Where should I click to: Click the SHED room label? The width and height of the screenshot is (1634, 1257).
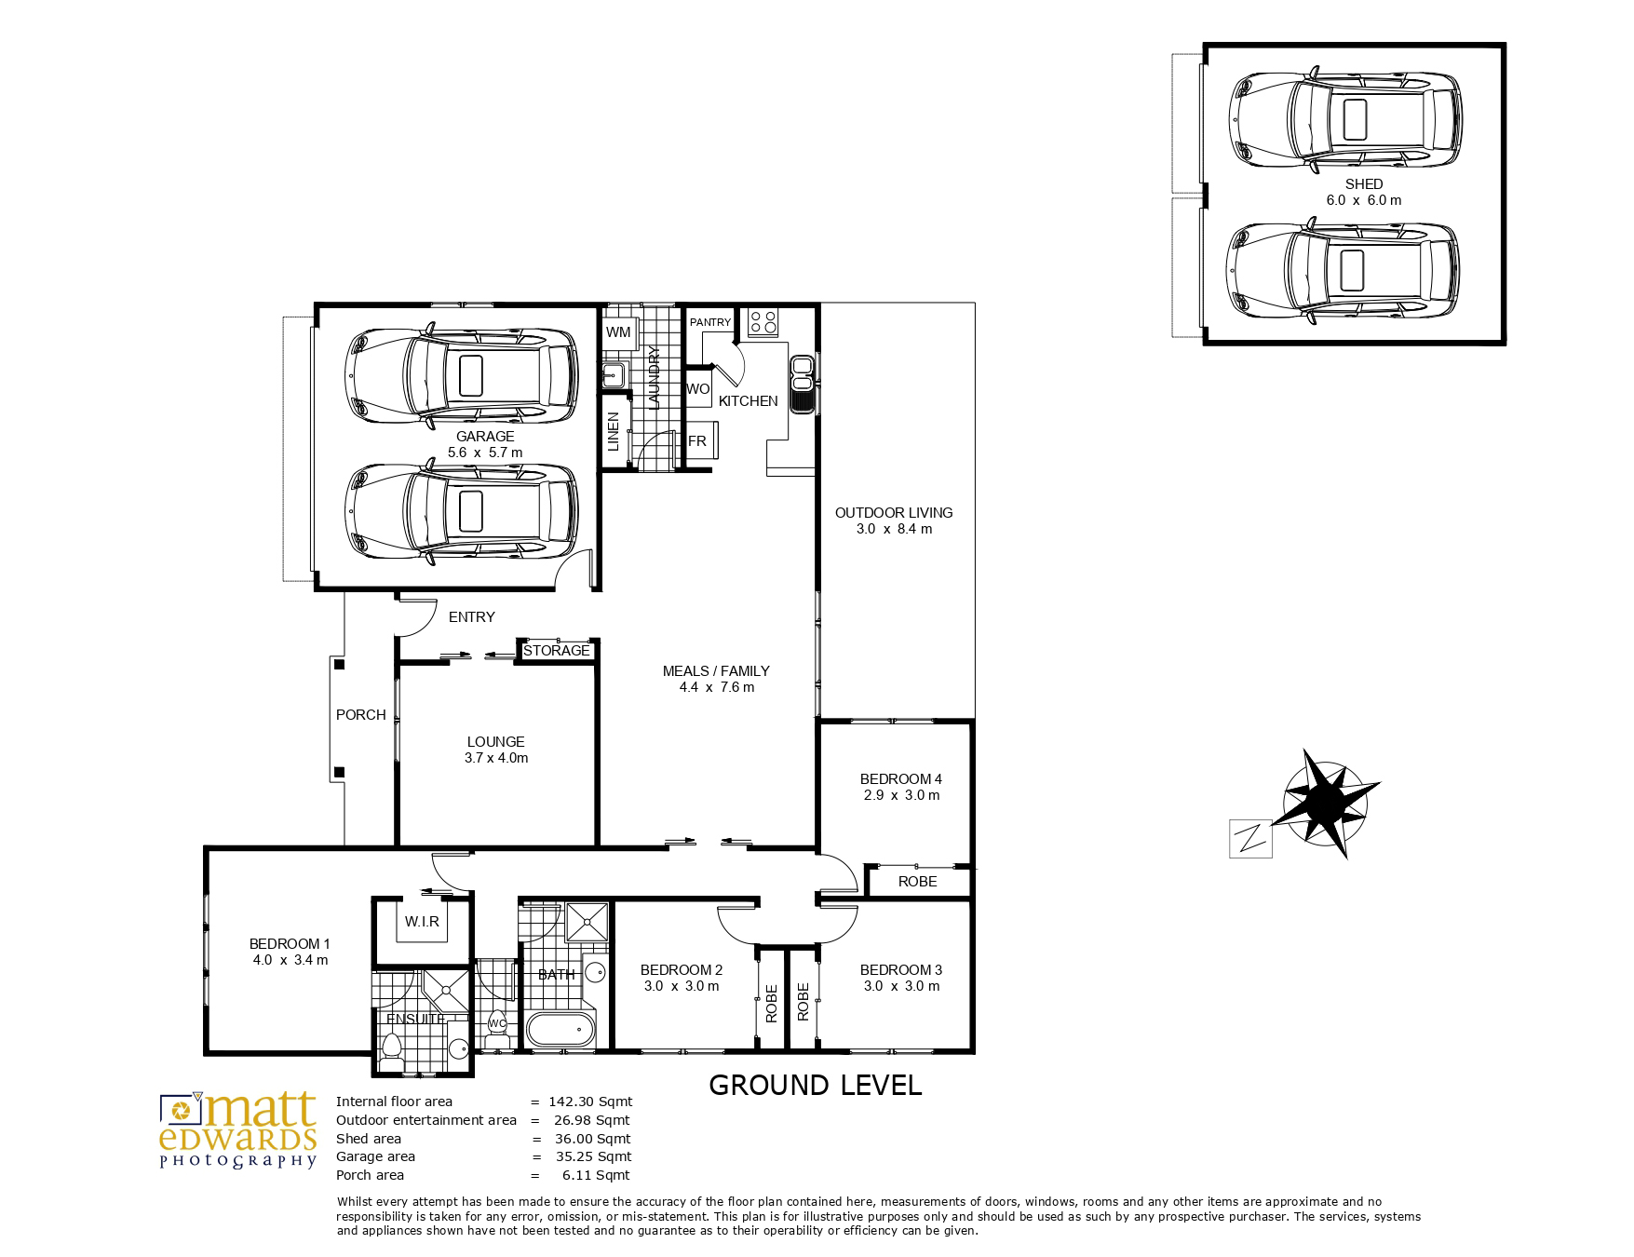point(1363,184)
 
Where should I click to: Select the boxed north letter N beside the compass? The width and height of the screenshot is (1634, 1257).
point(1250,839)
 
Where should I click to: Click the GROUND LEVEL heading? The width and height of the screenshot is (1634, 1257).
point(815,1085)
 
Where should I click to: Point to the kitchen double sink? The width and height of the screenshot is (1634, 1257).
point(802,384)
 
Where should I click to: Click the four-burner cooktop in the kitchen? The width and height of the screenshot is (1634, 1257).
point(763,322)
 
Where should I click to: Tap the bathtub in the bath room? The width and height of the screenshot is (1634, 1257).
point(560,1030)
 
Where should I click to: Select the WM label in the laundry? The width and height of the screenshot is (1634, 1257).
point(618,332)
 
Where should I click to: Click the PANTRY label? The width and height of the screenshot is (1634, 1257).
point(710,322)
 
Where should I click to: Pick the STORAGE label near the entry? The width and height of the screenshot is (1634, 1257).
point(556,651)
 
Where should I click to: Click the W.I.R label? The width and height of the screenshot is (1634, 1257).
point(422,922)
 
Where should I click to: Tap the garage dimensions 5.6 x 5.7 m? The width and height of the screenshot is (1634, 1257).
point(485,453)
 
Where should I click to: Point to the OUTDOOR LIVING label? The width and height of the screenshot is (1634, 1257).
point(894,512)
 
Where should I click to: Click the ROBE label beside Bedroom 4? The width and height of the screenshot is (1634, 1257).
point(917,881)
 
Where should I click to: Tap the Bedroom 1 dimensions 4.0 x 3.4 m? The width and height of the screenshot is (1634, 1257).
point(290,960)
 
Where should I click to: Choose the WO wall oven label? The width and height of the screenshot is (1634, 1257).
point(697,389)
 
